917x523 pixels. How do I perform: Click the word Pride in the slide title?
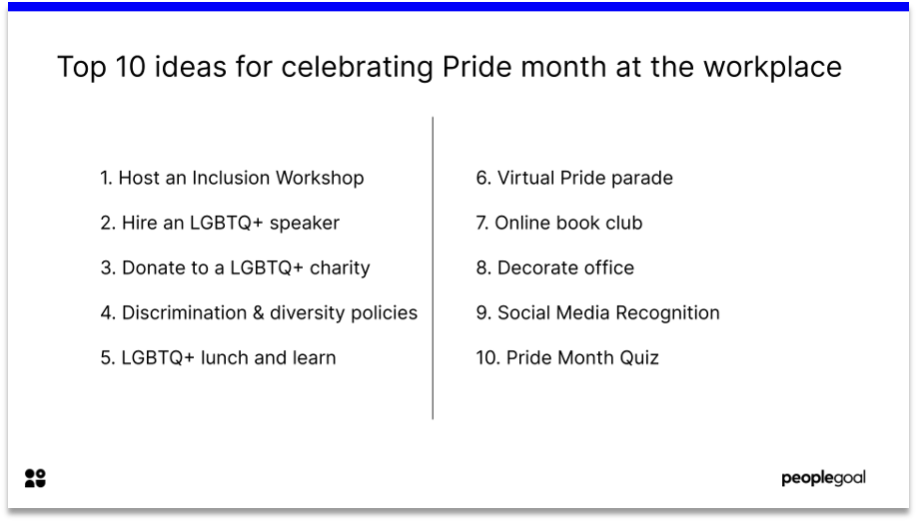pos(476,67)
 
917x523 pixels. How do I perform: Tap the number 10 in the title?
pos(131,67)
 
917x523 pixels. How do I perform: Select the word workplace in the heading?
pos(772,67)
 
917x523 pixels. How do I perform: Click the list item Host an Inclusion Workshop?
pos(232,178)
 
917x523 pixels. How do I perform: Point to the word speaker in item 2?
pos(304,224)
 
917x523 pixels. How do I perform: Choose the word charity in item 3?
pos(340,267)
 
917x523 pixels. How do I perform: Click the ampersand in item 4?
pos(258,312)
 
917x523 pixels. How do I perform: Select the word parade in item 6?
pos(641,179)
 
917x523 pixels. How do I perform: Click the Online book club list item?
pos(559,223)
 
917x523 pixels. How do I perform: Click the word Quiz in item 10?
pos(639,357)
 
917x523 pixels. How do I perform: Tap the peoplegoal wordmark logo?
pos(823,478)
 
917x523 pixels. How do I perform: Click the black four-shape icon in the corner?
pos(35,478)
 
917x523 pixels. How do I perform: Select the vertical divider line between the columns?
pos(433,267)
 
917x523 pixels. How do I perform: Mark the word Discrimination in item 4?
pos(184,312)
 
